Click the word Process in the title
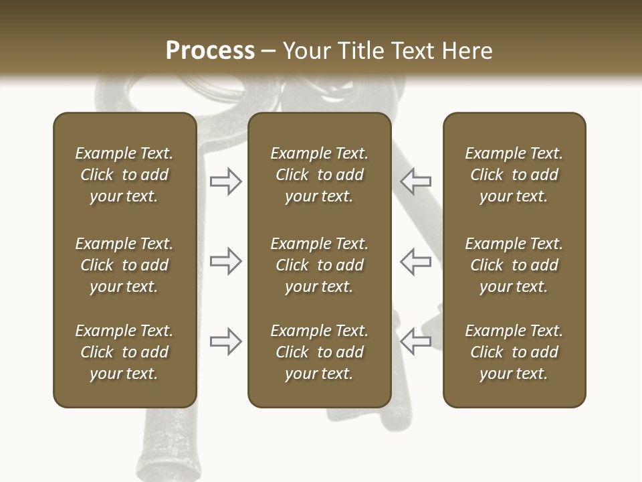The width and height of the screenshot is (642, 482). [x=210, y=51]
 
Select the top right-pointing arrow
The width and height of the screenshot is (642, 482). [x=226, y=181]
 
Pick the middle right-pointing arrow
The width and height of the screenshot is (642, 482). [x=226, y=261]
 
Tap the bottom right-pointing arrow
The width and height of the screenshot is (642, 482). [x=226, y=341]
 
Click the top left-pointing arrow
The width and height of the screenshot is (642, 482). [x=416, y=181]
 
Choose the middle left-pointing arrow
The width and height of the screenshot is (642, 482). [x=416, y=261]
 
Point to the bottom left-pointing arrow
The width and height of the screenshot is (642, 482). [x=416, y=341]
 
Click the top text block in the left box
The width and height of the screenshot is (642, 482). [x=124, y=175]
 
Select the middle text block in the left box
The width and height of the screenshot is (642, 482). [x=124, y=265]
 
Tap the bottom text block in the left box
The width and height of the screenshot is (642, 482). [x=124, y=352]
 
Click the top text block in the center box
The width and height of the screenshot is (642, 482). [x=319, y=175]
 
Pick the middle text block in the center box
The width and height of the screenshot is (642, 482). [x=319, y=265]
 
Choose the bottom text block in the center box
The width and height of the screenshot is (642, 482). [x=319, y=352]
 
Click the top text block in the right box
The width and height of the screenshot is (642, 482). [x=514, y=175]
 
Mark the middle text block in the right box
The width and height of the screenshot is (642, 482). [x=514, y=265]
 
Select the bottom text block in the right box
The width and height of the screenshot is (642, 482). [x=514, y=352]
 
